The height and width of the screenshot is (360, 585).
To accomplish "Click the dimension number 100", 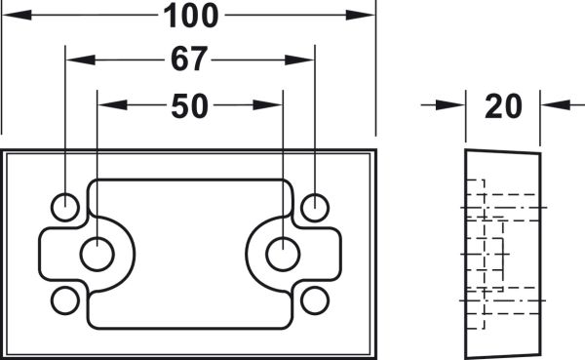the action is pyautogui.click(x=191, y=16).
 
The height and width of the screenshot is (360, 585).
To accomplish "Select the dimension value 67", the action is pyautogui.click(x=189, y=59).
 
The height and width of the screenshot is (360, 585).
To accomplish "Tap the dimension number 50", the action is pyautogui.click(x=189, y=106).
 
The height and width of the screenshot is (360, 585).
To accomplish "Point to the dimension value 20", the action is pyautogui.click(x=503, y=106).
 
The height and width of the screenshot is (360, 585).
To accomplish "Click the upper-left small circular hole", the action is pyautogui.click(x=65, y=207).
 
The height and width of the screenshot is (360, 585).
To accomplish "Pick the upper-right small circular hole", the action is pyautogui.click(x=315, y=207).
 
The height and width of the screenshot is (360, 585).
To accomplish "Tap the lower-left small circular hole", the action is pyautogui.click(x=65, y=300).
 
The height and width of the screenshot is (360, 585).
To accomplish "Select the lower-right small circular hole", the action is pyautogui.click(x=315, y=300).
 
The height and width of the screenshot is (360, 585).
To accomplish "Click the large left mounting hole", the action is pyautogui.click(x=97, y=254).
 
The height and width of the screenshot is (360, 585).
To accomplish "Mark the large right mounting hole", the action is pyautogui.click(x=283, y=254).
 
